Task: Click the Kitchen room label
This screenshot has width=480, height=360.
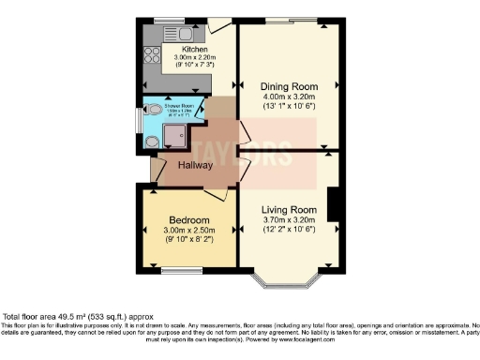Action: (193, 49)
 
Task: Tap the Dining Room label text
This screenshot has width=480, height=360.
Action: (288, 85)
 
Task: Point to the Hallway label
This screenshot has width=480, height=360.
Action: (194, 166)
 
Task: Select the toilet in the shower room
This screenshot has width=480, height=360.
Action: (152, 142)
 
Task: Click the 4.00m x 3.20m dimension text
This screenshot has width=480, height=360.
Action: (288, 96)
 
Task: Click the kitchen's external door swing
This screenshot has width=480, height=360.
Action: (218, 25)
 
